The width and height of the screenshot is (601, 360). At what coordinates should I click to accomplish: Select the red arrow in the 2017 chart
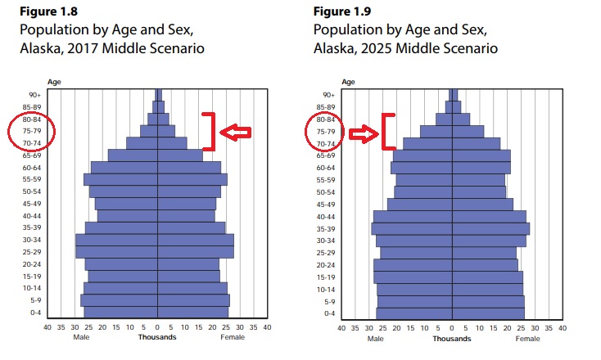point(237,132)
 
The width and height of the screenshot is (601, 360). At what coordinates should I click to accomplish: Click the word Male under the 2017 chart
point(81,337)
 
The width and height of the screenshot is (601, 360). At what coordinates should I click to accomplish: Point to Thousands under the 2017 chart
point(156,337)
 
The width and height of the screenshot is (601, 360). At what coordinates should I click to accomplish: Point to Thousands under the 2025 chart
point(452,337)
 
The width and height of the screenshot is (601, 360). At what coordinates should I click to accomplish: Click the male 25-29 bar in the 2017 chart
point(115,252)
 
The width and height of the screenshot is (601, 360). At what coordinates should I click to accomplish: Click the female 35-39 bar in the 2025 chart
point(490,228)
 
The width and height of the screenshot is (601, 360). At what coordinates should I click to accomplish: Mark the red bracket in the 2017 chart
point(211,131)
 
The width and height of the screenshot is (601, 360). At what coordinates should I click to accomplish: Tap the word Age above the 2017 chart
point(54,82)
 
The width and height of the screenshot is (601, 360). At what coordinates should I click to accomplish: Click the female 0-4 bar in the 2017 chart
point(192,313)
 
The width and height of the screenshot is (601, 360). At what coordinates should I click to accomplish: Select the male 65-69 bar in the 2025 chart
point(423,155)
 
